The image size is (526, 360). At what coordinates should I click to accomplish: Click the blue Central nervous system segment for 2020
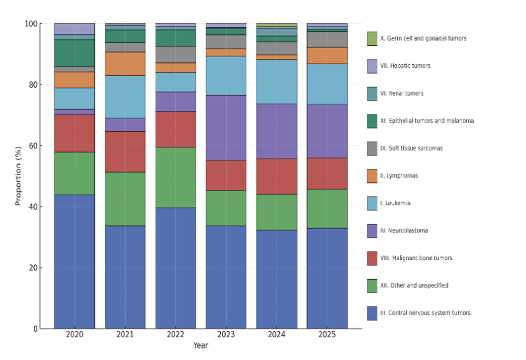tap(74, 262)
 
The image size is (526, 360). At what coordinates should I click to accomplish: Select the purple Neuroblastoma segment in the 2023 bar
tap(226, 128)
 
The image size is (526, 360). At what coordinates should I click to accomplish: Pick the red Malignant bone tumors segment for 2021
tap(125, 152)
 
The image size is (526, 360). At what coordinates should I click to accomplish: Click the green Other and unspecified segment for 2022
tap(175, 177)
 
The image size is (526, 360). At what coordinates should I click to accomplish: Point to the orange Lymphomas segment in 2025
tap(327, 55)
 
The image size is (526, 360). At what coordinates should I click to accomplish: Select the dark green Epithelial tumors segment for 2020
tap(74, 53)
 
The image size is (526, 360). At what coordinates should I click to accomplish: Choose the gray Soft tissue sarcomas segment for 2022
tap(175, 55)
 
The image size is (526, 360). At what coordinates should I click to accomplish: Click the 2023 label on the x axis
tap(226, 335)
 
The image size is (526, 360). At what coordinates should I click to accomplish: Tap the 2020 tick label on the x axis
tap(74, 335)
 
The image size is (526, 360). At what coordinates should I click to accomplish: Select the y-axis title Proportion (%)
tap(18, 176)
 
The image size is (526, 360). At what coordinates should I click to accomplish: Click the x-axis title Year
tap(200, 346)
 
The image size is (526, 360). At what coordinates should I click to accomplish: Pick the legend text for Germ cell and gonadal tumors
tap(423, 38)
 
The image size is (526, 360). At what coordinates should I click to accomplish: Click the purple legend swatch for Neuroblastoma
tap(372, 231)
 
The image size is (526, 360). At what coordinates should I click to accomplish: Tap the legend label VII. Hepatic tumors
tap(405, 66)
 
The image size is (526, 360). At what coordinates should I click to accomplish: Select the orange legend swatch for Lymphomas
tap(372, 176)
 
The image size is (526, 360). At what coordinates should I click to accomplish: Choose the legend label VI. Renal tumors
tap(402, 93)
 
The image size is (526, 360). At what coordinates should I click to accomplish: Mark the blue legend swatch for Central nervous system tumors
tap(372, 313)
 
